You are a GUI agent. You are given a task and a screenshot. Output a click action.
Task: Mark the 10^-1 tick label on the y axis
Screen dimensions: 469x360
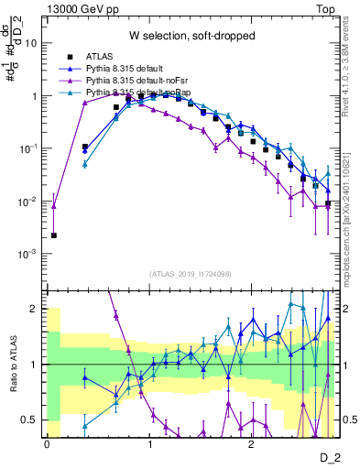(x=29, y=148)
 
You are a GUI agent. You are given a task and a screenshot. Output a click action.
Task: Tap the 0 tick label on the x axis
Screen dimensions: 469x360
(x=47, y=444)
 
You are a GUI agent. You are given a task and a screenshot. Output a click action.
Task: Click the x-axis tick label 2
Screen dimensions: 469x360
(x=251, y=444)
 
